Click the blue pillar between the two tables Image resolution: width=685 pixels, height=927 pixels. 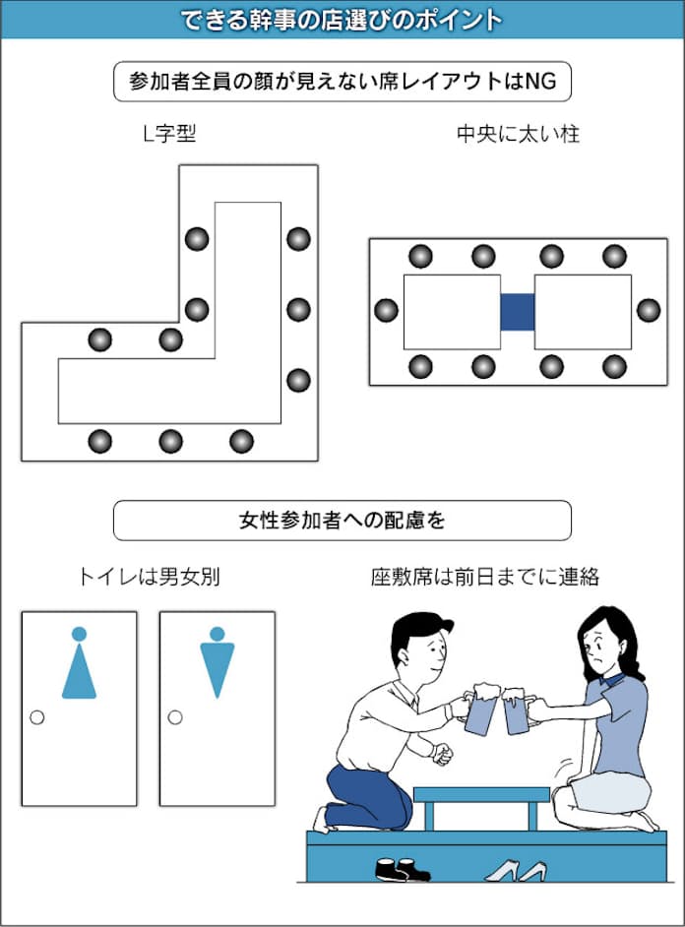coord(517,311)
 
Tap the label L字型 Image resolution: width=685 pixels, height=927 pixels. coord(169,135)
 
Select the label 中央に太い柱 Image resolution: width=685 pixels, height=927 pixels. coord(518,135)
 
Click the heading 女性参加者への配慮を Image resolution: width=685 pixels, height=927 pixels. coord(342,521)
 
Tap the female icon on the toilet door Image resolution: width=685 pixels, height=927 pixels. coord(79,665)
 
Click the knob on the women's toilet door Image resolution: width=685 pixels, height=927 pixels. coord(37,717)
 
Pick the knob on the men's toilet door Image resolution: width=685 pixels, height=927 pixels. coord(175,717)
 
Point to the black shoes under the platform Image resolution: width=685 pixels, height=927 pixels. coord(401,869)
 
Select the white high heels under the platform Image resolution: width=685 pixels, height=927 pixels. coord(517,870)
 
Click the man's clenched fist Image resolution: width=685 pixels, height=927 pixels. coord(442,754)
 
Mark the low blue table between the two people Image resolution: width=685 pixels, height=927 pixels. coord(481,795)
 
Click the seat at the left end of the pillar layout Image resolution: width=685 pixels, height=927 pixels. coord(387,311)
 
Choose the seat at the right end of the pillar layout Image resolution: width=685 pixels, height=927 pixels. coord(648,311)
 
